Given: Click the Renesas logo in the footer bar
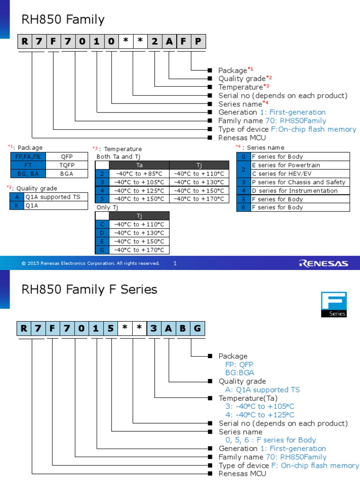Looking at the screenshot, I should click(323, 263).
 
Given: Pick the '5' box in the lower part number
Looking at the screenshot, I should click(111, 329).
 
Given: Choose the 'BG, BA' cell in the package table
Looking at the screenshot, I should click(28, 173).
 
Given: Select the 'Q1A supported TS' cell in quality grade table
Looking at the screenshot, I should click(56, 197).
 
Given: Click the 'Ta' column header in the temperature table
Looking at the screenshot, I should click(139, 165).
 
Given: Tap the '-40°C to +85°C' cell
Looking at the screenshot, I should click(139, 173).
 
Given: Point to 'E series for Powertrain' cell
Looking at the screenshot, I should click(300, 165).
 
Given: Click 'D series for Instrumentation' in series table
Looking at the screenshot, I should click(300, 190).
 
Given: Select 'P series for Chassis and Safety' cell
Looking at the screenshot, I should click(300, 182).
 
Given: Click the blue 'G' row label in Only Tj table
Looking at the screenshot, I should click(102, 250).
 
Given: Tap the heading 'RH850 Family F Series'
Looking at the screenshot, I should click(90, 289).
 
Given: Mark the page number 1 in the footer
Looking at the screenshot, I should click(175, 263).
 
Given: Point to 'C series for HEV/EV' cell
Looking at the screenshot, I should click(300, 173).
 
